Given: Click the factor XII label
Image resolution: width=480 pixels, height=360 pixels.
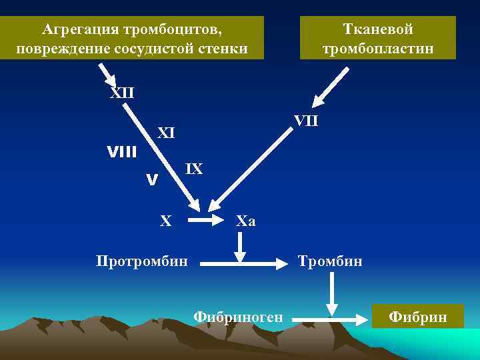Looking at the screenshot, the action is [122, 92].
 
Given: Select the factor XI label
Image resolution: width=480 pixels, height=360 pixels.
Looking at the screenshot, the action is [165, 133].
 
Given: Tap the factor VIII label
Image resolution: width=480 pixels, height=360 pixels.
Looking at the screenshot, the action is [122, 152].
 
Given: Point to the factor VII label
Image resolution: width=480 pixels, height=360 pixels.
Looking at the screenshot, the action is [306, 121].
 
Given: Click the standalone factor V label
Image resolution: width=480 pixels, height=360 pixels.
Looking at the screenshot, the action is [152, 180].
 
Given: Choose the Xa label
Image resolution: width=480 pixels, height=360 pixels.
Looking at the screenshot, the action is [246, 221].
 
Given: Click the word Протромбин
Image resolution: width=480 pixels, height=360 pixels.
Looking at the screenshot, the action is [142, 260].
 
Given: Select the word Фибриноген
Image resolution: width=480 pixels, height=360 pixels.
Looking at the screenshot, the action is [238, 317].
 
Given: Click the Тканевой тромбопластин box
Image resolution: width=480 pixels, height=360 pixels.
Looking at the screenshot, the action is [378, 39].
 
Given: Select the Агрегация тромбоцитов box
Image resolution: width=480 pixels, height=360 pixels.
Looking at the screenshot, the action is [131, 39].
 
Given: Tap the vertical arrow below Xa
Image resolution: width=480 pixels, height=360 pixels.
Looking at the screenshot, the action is [241, 245].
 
